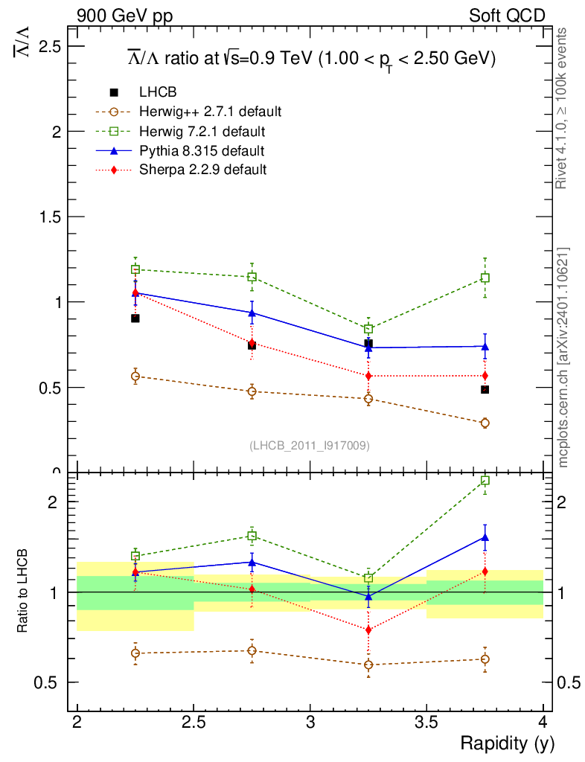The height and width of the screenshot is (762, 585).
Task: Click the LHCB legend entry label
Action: pos(157,92)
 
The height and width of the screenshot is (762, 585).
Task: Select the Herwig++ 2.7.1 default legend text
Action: pos(210,112)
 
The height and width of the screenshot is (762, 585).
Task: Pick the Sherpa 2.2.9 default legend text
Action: pos(202,170)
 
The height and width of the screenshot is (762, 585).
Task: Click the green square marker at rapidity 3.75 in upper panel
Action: pos(485,278)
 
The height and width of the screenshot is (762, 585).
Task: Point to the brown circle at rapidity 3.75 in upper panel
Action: pos(485,423)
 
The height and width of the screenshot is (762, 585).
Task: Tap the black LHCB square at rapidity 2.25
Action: pos(135,318)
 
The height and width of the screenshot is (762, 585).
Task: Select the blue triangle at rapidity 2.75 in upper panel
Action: pos(252,313)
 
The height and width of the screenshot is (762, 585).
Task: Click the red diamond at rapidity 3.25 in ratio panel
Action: pos(368,630)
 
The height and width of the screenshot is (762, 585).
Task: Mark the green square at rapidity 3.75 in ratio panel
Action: pos(485,481)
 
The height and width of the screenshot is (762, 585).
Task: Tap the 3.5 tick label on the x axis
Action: pos(426,723)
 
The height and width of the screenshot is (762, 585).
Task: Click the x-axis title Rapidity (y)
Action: pos(507,743)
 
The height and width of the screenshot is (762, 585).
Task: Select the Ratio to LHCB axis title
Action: pos(23,592)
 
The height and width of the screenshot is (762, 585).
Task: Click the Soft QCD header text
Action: pos(507,16)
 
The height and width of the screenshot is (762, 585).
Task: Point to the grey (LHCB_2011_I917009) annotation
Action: pos(309,445)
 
